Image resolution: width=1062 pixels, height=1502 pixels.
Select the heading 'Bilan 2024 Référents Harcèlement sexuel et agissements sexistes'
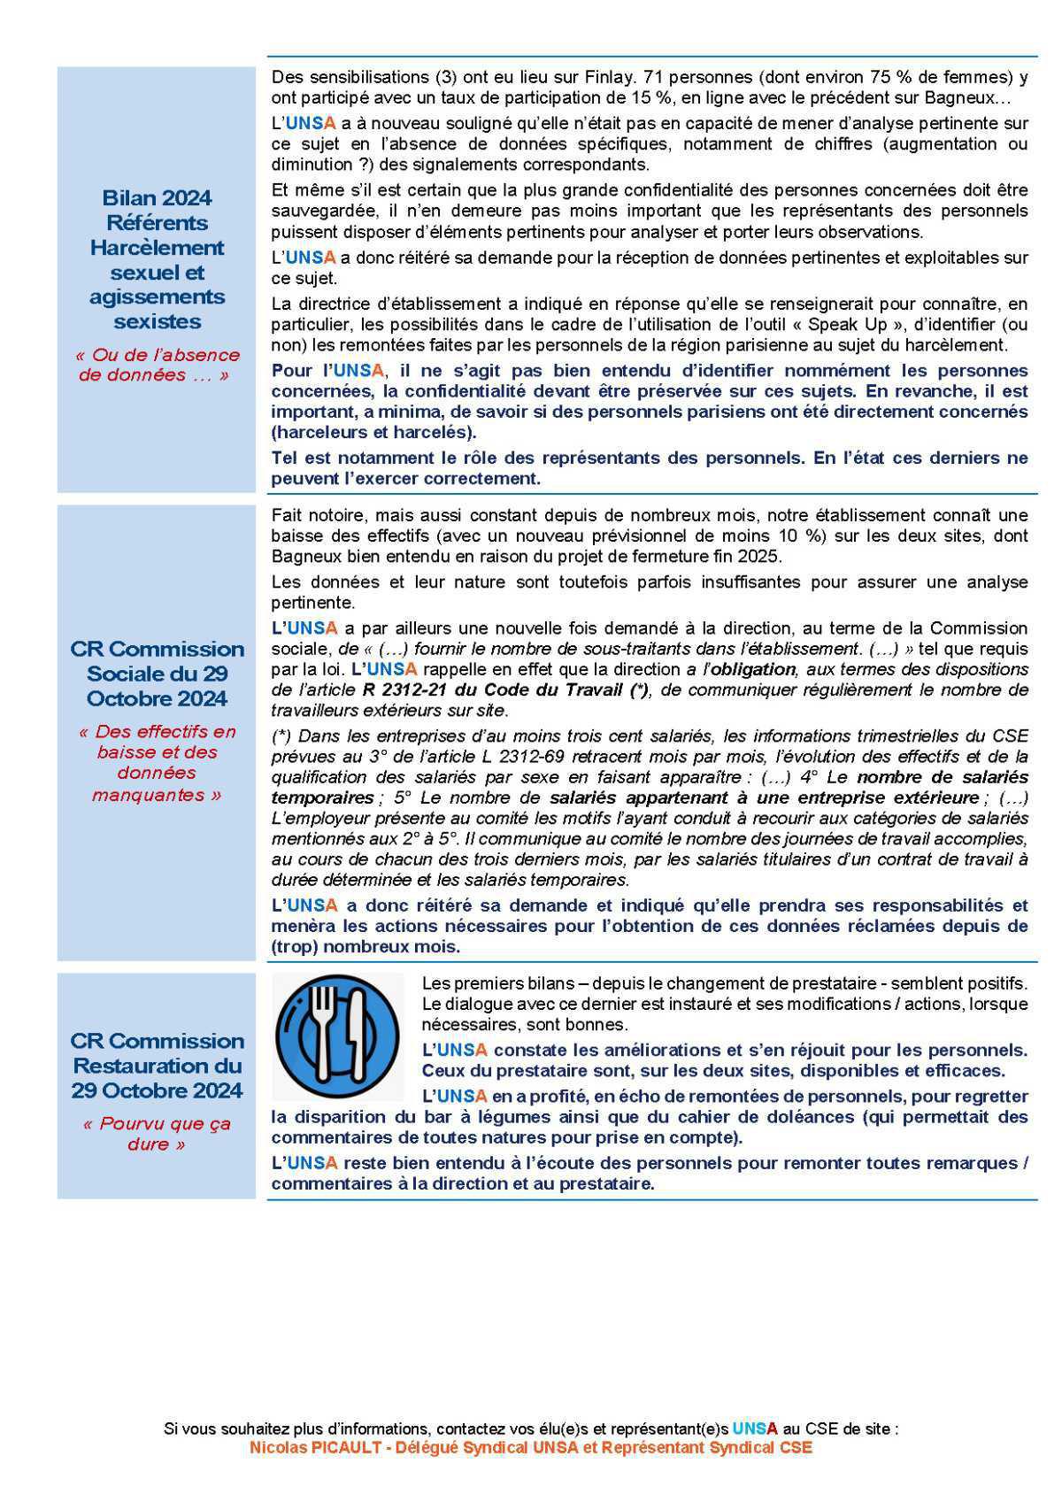point(157,259)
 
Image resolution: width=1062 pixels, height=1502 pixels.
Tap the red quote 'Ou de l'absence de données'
point(157,365)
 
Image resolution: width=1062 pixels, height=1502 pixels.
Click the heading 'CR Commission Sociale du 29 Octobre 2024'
point(157,674)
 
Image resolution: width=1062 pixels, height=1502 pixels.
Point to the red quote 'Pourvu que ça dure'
point(157,1134)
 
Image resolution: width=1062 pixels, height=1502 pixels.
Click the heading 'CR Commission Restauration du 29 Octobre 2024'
point(157,1066)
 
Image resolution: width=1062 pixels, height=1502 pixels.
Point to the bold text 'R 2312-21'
point(403,690)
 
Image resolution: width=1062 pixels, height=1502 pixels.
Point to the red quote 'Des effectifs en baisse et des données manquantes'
point(157,763)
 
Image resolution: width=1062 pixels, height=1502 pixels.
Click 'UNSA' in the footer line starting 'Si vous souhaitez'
point(755,1429)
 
